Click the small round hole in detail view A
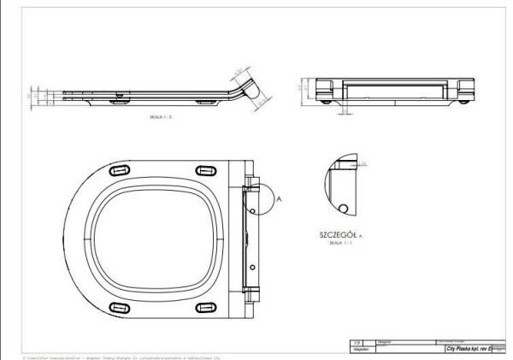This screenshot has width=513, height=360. coord(343,208)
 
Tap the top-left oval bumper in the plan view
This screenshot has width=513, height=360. coord(119,172)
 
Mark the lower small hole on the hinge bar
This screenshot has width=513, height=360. coord(251,267)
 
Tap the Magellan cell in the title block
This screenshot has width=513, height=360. coord(360,350)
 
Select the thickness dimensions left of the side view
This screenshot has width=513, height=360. coord(34,95)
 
